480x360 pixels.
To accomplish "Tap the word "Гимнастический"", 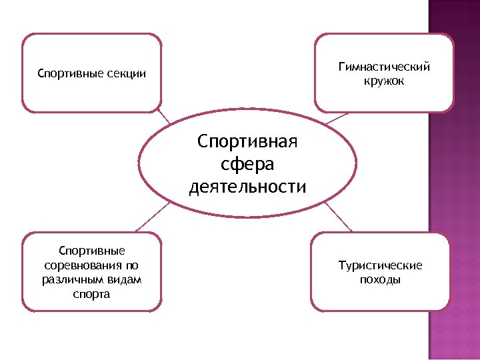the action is click(x=384, y=67).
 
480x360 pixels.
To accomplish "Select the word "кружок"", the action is click(x=384, y=81).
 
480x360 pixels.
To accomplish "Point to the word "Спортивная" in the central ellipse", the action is click(x=247, y=141).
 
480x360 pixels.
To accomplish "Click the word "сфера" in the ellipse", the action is click(x=247, y=164).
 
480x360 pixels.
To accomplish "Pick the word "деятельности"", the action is click(x=247, y=187).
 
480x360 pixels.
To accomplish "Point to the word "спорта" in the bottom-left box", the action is click(x=92, y=294).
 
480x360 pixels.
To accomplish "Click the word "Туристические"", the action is click(x=380, y=265).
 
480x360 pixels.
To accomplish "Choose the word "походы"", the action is click(x=380, y=280).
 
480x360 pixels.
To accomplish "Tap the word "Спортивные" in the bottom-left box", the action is click(x=92, y=251).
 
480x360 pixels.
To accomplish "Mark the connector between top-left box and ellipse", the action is click(x=166, y=118).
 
